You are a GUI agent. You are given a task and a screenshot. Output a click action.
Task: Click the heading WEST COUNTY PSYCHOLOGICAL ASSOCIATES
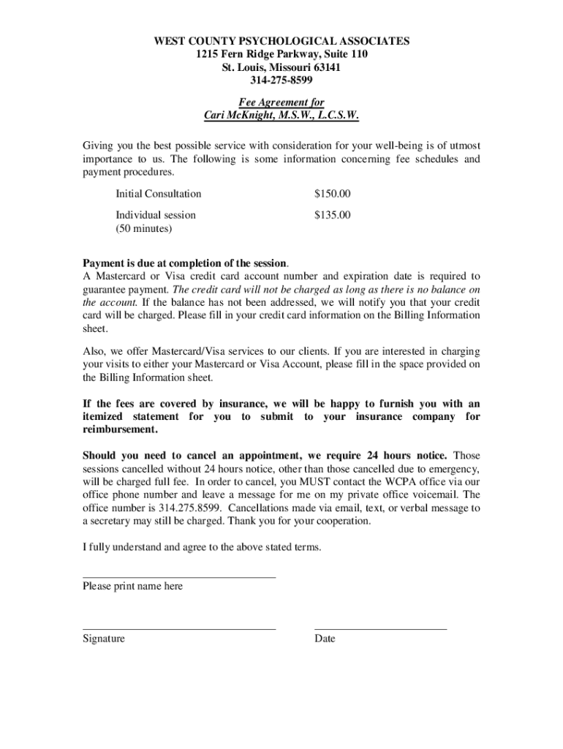(x=281, y=41)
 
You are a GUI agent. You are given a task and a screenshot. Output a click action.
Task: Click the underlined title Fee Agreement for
(x=281, y=102)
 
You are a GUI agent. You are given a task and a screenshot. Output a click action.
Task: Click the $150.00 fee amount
(x=333, y=194)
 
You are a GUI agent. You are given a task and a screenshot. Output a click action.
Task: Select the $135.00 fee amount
(x=333, y=215)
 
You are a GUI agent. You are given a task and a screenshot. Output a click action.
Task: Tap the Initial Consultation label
(x=158, y=194)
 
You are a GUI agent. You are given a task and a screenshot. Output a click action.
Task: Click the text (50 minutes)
(x=144, y=228)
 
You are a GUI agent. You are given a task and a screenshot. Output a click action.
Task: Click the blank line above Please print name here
(x=179, y=577)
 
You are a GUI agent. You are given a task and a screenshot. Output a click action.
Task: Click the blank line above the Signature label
(x=179, y=628)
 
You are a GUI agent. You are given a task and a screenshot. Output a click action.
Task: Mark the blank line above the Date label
(x=380, y=628)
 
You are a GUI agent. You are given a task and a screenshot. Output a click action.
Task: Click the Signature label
(x=104, y=639)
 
